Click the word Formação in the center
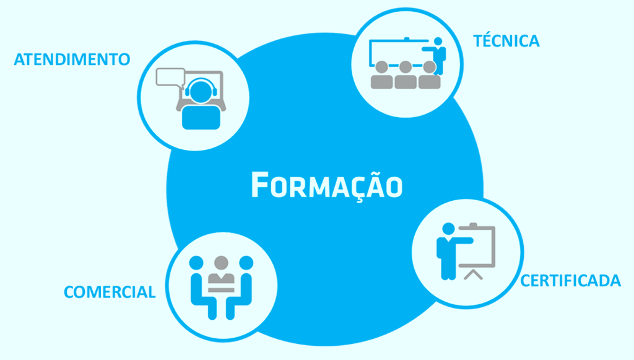pyautogui.click(x=327, y=186)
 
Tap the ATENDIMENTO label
pyautogui.click(x=72, y=59)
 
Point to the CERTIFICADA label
pyautogui.click(x=570, y=281)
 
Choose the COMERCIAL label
pyautogui.click(x=110, y=292)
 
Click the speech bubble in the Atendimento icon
pyautogui.click(x=170, y=77)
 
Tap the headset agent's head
pyautogui.click(x=201, y=91)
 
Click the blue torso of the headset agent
pyautogui.click(x=201, y=117)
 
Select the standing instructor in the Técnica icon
pyautogui.click(x=436, y=56)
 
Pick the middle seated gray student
pyautogui.click(x=406, y=75)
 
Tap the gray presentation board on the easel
pyautogui.click(x=477, y=245)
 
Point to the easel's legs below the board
pyautogui.click(x=473, y=275)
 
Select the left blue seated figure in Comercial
pyautogui.click(x=203, y=287)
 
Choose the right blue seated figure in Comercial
pyautogui.click(x=240, y=287)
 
